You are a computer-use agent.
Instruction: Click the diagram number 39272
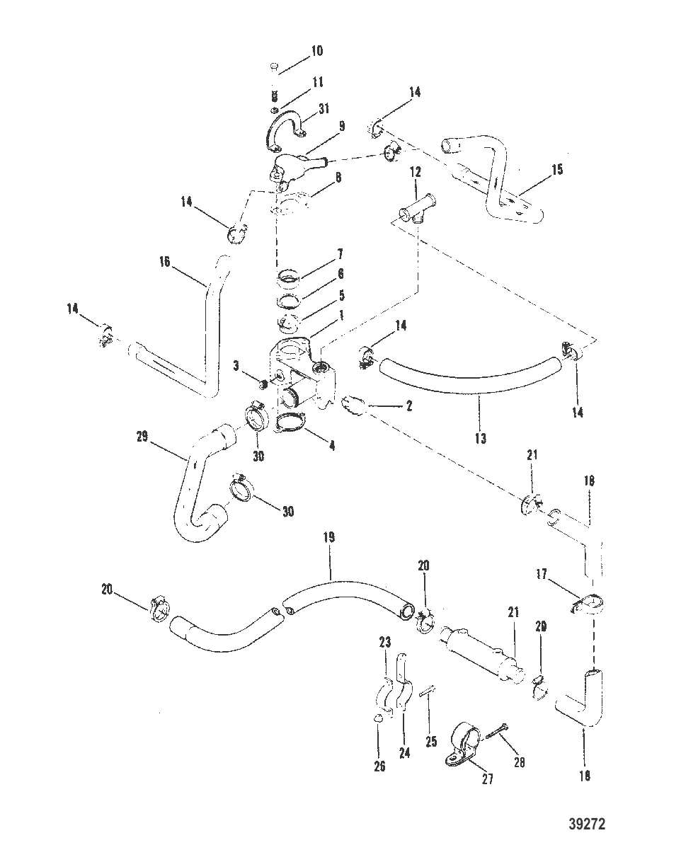pos(587,824)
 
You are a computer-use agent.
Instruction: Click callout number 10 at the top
pos(316,51)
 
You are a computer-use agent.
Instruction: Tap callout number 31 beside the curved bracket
pos(324,108)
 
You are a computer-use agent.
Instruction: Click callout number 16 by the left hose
pos(165,260)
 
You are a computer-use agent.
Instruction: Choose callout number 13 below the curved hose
pos(480,439)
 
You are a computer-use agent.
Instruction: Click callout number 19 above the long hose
pos(330,538)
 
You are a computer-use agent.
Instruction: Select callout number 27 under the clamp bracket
pos(488,780)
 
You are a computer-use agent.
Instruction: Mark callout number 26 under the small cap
pos(379,766)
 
